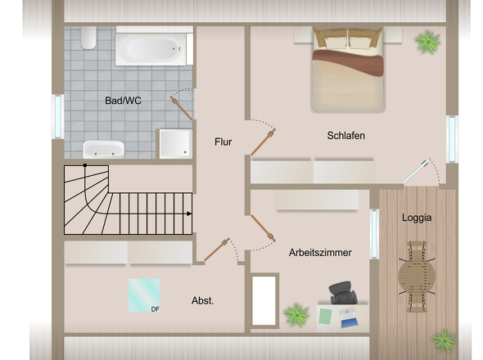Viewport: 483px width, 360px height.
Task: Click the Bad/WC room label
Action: [x=123, y=101]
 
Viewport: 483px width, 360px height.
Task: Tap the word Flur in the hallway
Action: [x=223, y=142]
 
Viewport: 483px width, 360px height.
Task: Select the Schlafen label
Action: [x=346, y=136]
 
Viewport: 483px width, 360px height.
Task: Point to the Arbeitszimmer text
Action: [x=320, y=253]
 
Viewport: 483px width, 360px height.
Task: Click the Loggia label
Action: [x=417, y=218]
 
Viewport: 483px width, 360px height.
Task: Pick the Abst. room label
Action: [x=203, y=300]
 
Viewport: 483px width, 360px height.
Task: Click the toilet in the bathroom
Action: [x=88, y=38]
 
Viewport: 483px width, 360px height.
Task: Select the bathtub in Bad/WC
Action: [x=151, y=48]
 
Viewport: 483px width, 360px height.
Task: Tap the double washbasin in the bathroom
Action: [x=103, y=150]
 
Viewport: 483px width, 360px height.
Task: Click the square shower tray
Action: [x=175, y=144]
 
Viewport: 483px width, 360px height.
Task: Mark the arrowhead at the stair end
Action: [x=189, y=214]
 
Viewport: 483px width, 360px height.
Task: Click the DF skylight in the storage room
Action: [x=144, y=295]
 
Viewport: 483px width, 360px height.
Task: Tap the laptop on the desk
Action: [x=349, y=319]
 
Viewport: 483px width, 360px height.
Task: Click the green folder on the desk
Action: [x=325, y=317]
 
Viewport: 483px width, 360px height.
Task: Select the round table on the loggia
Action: [x=417, y=277]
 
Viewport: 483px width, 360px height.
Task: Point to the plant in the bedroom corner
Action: [x=427, y=42]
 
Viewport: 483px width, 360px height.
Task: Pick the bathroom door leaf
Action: [x=182, y=108]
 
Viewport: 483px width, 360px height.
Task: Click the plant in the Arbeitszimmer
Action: [x=296, y=315]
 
